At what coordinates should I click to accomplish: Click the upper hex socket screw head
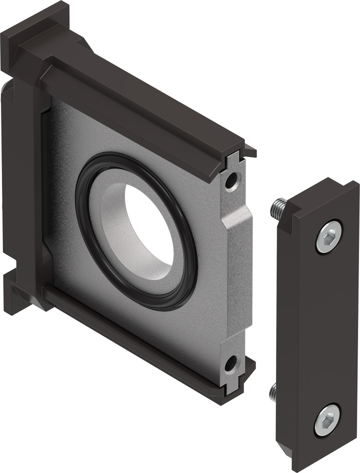(x=330, y=236)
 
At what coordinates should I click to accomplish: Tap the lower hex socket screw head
(x=327, y=419)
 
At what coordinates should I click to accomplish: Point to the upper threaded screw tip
(x=278, y=208)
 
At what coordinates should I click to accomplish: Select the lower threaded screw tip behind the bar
(x=273, y=392)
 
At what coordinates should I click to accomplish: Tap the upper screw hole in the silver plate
(x=231, y=180)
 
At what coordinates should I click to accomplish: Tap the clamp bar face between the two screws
(x=318, y=323)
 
